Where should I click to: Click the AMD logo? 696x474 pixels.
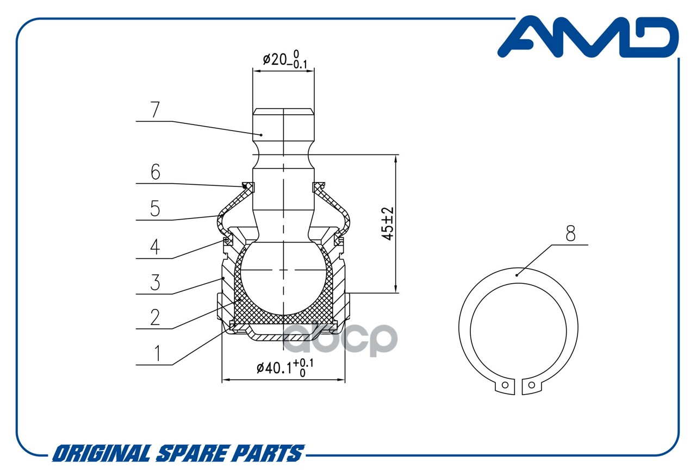click(588, 36)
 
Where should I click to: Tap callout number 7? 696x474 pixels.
click(155, 110)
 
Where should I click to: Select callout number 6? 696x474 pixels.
click(155, 172)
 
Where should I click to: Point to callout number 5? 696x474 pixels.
click(155, 208)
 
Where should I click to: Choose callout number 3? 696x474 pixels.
click(155, 283)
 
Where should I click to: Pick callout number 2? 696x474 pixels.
click(155, 317)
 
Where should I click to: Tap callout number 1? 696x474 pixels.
click(157, 354)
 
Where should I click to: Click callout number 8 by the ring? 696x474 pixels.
click(570, 234)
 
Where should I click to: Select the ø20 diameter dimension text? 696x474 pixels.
click(284, 59)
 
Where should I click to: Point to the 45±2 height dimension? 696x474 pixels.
click(387, 223)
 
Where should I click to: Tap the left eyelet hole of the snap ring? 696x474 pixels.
click(505, 385)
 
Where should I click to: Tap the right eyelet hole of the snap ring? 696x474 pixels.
click(531, 385)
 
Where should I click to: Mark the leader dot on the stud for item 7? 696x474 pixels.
click(261, 134)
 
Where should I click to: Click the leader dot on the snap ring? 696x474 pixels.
click(517, 275)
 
